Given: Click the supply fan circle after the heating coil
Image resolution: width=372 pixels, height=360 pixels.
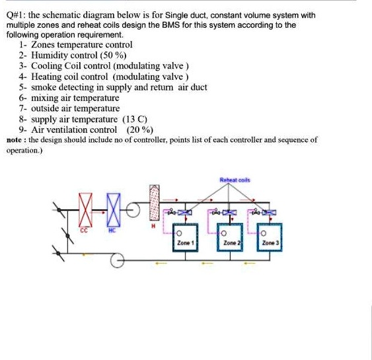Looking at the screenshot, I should click(135, 211).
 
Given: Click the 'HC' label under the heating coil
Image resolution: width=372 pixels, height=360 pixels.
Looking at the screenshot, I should click(112, 231).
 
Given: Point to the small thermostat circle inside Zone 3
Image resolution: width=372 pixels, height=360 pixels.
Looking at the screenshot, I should click(264, 233).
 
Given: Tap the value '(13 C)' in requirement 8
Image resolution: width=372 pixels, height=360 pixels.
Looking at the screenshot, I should click(134, 119).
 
